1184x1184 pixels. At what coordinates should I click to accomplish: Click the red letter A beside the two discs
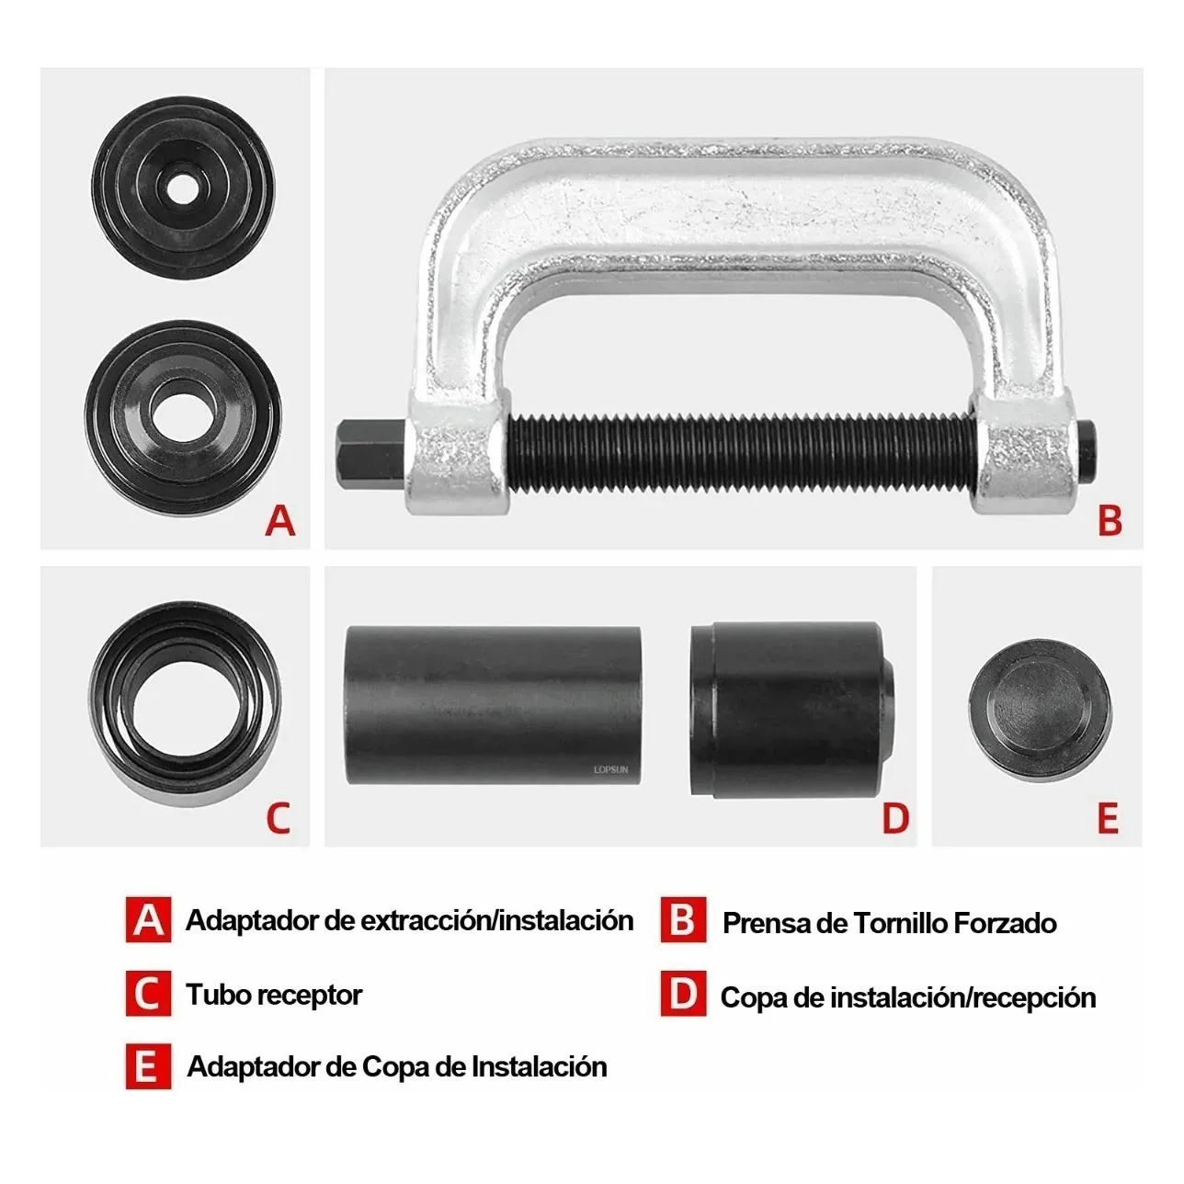click(x=280, y=520)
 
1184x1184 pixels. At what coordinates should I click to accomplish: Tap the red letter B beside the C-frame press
click(x=1110, y=520)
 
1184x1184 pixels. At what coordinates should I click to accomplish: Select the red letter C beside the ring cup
click(x=278, y=816)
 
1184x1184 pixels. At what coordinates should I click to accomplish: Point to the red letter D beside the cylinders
click(x=894, y=816)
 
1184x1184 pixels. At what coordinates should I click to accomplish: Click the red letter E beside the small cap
click(x=1109, y=816)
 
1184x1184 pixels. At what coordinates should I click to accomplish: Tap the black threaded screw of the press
click(x=735, y=451)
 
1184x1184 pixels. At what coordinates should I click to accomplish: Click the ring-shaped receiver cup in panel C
click(x=184, y=704)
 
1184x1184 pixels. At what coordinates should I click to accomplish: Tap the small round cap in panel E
click(x=1040, y=705)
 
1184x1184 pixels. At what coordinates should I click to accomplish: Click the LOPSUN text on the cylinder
click(x=609, y=768)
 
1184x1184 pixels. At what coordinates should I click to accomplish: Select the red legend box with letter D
click(x=683, y=995)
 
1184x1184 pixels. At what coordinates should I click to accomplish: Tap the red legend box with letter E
click(x=148, y=1067)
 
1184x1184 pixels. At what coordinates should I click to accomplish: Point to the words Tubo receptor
click(x=274, y=995)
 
